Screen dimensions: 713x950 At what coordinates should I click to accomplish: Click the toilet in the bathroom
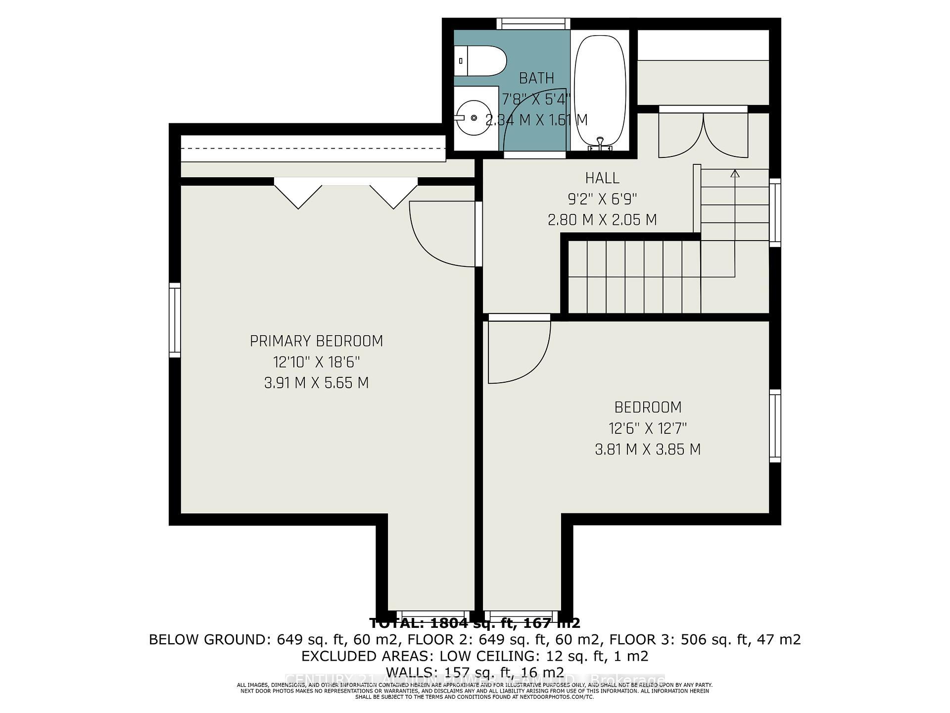pos(480,61)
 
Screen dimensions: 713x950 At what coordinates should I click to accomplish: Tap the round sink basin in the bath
pos(474,118)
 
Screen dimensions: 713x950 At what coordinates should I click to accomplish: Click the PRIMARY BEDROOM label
pos(316,341)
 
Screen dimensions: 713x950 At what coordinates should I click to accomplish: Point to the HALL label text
pos(602,178)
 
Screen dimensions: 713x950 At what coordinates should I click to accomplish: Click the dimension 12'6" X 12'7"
pos(648,428)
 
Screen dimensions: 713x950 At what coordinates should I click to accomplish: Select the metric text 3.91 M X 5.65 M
pos(316,383)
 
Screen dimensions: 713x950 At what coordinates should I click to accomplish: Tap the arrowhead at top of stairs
pos(735,173)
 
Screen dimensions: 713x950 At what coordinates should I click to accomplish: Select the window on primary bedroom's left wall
pos(175,320)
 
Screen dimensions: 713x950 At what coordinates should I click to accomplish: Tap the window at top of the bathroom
pos(533,24)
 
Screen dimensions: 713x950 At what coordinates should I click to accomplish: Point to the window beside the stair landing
pos(775,212)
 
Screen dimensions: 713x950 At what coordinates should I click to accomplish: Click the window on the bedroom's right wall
pos(775,426)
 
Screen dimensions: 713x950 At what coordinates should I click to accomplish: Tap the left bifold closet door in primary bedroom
pos(298,194)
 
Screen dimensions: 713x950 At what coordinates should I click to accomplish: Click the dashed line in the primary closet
pos(313,149)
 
